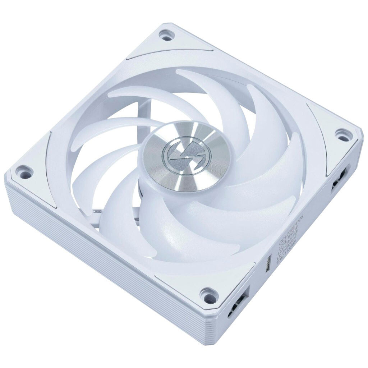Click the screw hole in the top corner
[x=166, y=36]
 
